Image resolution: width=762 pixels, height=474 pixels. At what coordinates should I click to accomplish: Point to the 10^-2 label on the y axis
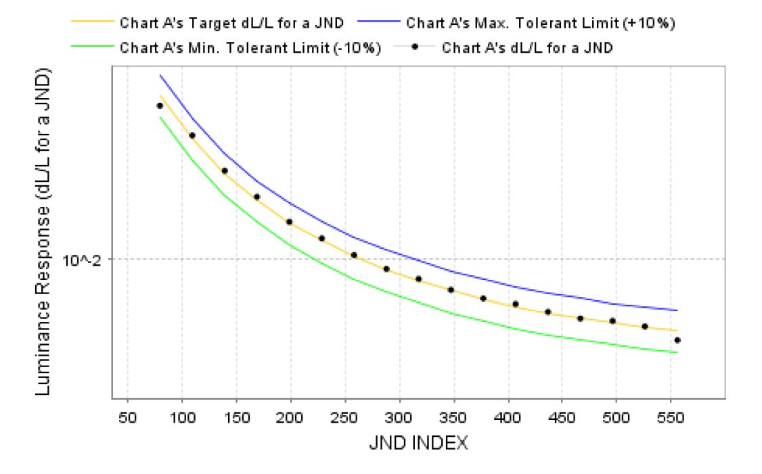click(x=81, y=259)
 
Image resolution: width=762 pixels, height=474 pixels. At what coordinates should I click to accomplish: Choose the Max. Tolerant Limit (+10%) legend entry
click(x=541, y=22)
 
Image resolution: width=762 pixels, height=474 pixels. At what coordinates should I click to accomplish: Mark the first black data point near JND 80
click(x=160, y=105)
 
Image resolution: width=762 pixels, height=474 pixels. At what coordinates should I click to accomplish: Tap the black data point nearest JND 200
click(x=289, y=222)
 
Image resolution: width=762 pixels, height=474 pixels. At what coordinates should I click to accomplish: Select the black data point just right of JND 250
click(x=354, y=255)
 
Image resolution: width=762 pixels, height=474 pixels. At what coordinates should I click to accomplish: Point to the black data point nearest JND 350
click(x=451, y=290)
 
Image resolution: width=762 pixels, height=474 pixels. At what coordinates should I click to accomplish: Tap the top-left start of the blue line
click(x=160, y=75)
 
